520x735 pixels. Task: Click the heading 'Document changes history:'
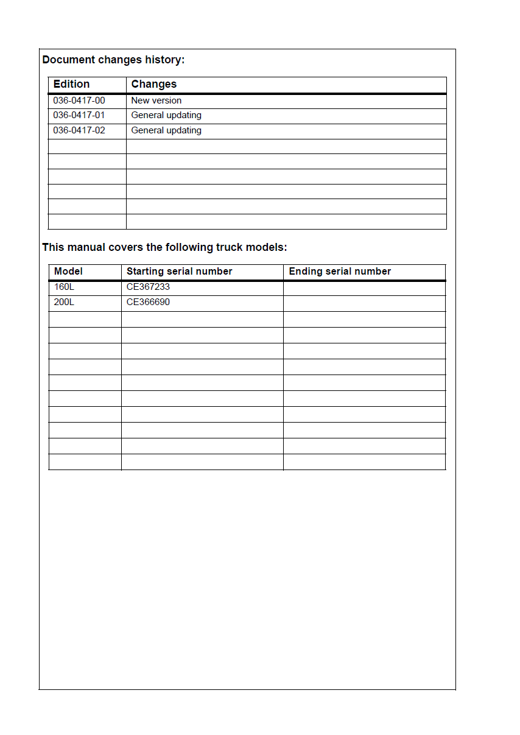click(113, 60)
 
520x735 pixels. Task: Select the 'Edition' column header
click(71, 84)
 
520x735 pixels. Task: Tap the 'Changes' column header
click(154, 84)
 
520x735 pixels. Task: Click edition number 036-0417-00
click(79, 100)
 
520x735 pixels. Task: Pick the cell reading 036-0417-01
click(79, 115)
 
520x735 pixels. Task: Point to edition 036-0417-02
click(79, 130)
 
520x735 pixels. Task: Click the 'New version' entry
click(156, 100)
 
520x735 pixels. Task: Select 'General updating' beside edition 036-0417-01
click(166, 115)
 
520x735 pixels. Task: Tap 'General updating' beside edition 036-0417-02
click(166, 130)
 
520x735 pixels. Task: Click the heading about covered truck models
click(164, 247)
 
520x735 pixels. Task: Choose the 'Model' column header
click(68, 272)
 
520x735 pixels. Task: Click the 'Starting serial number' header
click(179, 272)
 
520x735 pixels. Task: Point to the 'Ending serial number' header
click(340, 272)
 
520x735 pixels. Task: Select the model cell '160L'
click(64, 287)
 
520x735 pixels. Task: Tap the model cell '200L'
click(64, 302)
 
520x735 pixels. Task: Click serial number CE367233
click(148, 287)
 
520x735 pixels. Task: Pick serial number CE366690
click(148, 302)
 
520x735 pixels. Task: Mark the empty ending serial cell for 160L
click(364, 287)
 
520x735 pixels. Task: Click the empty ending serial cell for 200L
click(364, 303)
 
